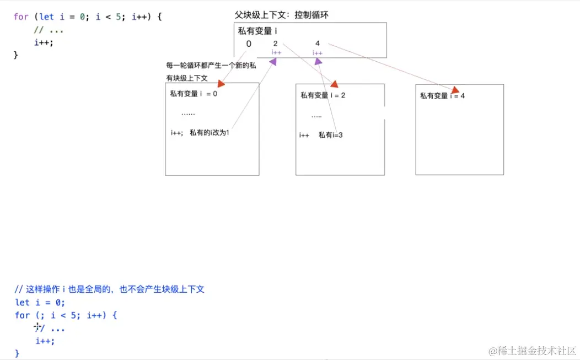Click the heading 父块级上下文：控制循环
tap(282, 15)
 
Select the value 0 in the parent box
tap(249, 44)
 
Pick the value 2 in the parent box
tap(275, 43)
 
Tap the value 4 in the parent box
tap(318, 43)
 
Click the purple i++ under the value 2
tap(276, 52)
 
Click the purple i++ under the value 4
tap(318, 53)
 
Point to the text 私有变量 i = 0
tap(194, 94)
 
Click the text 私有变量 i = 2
tap(323, 95)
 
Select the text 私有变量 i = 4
tap(442, 96)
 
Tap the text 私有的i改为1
tap(209, 132)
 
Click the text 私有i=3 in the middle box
tap(331, 135)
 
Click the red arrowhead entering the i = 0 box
tap(222, 84)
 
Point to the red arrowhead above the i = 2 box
tap(334, 84)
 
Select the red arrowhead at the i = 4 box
tap(455, 89)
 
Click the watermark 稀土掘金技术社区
tap(529, 351)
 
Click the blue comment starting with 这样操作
tap(110, 289)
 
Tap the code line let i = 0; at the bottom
tap(40, 302)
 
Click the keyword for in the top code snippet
tap(21, 17)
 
